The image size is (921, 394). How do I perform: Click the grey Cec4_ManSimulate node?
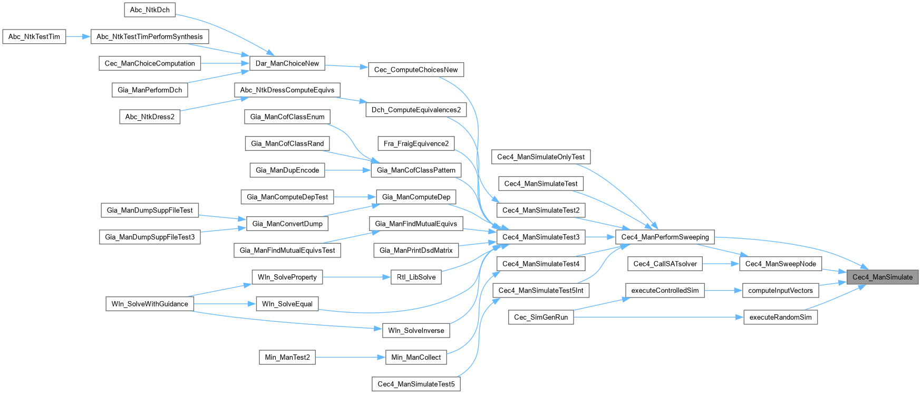[882, 277]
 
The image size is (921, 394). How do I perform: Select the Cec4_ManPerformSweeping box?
[665, 237]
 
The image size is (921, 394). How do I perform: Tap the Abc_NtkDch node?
[150, 9]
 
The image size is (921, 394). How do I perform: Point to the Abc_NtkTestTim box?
[34, 36]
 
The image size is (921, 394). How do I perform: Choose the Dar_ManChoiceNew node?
[287, 63]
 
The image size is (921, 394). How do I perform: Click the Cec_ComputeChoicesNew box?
[416, 70]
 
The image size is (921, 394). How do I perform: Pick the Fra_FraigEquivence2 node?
[416, 143]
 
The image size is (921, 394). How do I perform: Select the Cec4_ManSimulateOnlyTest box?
[541, 157]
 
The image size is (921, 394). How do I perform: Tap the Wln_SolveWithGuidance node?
[150, 304]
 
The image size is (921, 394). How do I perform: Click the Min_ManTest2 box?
[287, 357]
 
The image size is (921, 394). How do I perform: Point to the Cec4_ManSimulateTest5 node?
[416, 384]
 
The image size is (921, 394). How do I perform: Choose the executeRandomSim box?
[780, 317]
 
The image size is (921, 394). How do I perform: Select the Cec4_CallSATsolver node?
[665, 264]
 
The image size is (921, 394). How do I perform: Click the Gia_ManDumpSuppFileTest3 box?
[150, 237]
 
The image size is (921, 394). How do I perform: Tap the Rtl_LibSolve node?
[416, 277]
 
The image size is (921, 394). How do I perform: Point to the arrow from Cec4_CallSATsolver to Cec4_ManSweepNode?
[721, 264]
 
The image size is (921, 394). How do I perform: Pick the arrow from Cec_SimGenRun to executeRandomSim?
[659, 317]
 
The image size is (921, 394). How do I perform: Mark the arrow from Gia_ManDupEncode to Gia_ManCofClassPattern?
[348, 170]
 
